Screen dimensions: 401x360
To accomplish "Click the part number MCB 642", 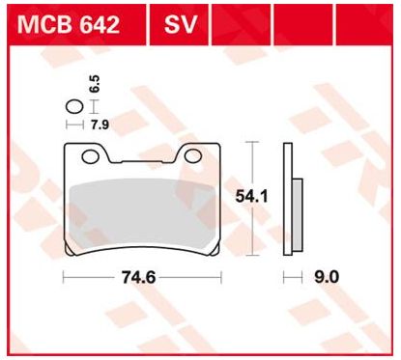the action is tap(69, 25).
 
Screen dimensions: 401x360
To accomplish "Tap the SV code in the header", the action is tap(180, 25).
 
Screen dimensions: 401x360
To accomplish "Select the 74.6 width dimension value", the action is tap(138, 277).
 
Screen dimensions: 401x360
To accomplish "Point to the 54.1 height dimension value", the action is tap(251, 196).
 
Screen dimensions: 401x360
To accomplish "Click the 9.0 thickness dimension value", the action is tap(327, 277).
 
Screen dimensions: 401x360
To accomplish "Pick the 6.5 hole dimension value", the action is tap(95, 84).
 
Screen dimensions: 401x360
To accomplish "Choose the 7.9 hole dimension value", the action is tap(100, 125).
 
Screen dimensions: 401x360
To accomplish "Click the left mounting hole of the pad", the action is tap(90, 156).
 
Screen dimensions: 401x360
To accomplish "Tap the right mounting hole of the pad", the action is tap(193, 155).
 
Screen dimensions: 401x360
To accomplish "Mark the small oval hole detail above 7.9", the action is tap(74, 107).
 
